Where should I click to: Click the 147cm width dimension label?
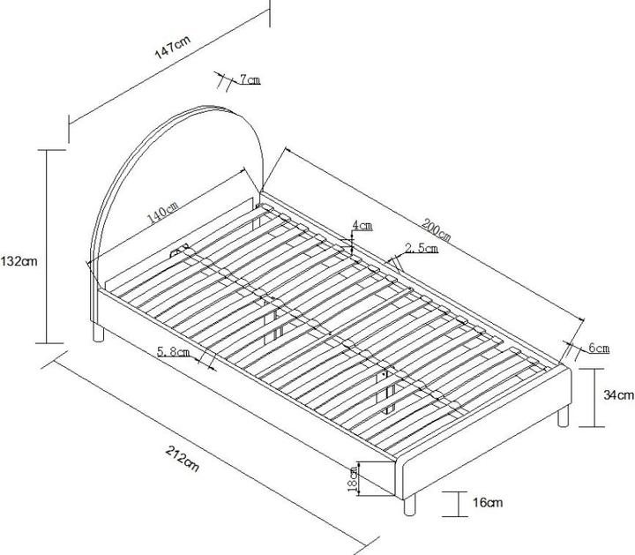(x=172, y=48)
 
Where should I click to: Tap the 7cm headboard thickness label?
(x=250, y=79)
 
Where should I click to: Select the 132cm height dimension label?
(x=19, y=261)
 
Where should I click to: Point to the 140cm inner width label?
(x=162, y=213)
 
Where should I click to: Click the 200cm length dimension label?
(x=436, y=229)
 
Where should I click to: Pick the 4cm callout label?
(x=362, y=225)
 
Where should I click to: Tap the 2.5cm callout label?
(x=422, y=248)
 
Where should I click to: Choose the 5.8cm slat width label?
(x=174, y=352)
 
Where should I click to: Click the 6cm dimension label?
(x=599, y=348)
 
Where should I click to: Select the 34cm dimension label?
(x=619, y=394)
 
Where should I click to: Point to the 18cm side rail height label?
(x=353, y=478)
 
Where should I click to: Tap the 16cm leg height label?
(x=488, y=503)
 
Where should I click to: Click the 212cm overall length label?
(x=183, y=459)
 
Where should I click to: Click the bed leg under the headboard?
(x=99, y=332)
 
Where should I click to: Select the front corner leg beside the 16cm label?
(x=409, y=506)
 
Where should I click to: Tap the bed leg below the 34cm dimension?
(x=564, y=416)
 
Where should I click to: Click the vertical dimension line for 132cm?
(x=47, y=246)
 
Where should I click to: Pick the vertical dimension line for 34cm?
(x=594, y=398)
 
